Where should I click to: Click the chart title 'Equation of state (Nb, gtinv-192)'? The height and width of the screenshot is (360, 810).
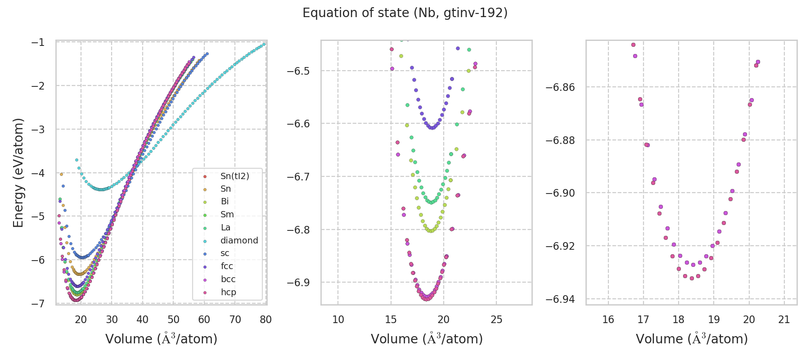pos(405,13)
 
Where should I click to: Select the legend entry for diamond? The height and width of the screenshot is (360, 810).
pos(239,240)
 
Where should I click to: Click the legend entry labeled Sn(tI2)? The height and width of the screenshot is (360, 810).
pos(234,176)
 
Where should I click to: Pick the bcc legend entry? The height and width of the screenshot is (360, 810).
pos(228,279)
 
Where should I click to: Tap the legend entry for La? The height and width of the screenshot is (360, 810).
pos(225,227)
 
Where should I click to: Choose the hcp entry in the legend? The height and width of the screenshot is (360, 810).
pos(228,292)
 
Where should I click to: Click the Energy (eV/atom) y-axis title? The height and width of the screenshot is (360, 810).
pos(18,172)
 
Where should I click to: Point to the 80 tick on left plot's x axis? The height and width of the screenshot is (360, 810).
pos(266,319)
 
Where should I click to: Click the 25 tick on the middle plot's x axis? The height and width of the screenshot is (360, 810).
pos(496,319)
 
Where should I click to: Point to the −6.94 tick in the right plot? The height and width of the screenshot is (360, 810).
pos(560,299)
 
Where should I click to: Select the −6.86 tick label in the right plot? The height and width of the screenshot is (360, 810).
pos(560,87)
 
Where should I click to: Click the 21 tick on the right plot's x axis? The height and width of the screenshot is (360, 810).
pos(784,319)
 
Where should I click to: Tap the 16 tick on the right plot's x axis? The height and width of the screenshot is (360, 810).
pos(608,319)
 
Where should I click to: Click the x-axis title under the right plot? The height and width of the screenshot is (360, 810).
pos(692,339)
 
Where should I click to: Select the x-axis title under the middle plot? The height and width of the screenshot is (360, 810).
pos(427,339)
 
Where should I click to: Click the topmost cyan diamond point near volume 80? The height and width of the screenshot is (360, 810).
pos(264,44)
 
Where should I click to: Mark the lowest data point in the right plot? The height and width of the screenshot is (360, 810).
pos(692,278)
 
